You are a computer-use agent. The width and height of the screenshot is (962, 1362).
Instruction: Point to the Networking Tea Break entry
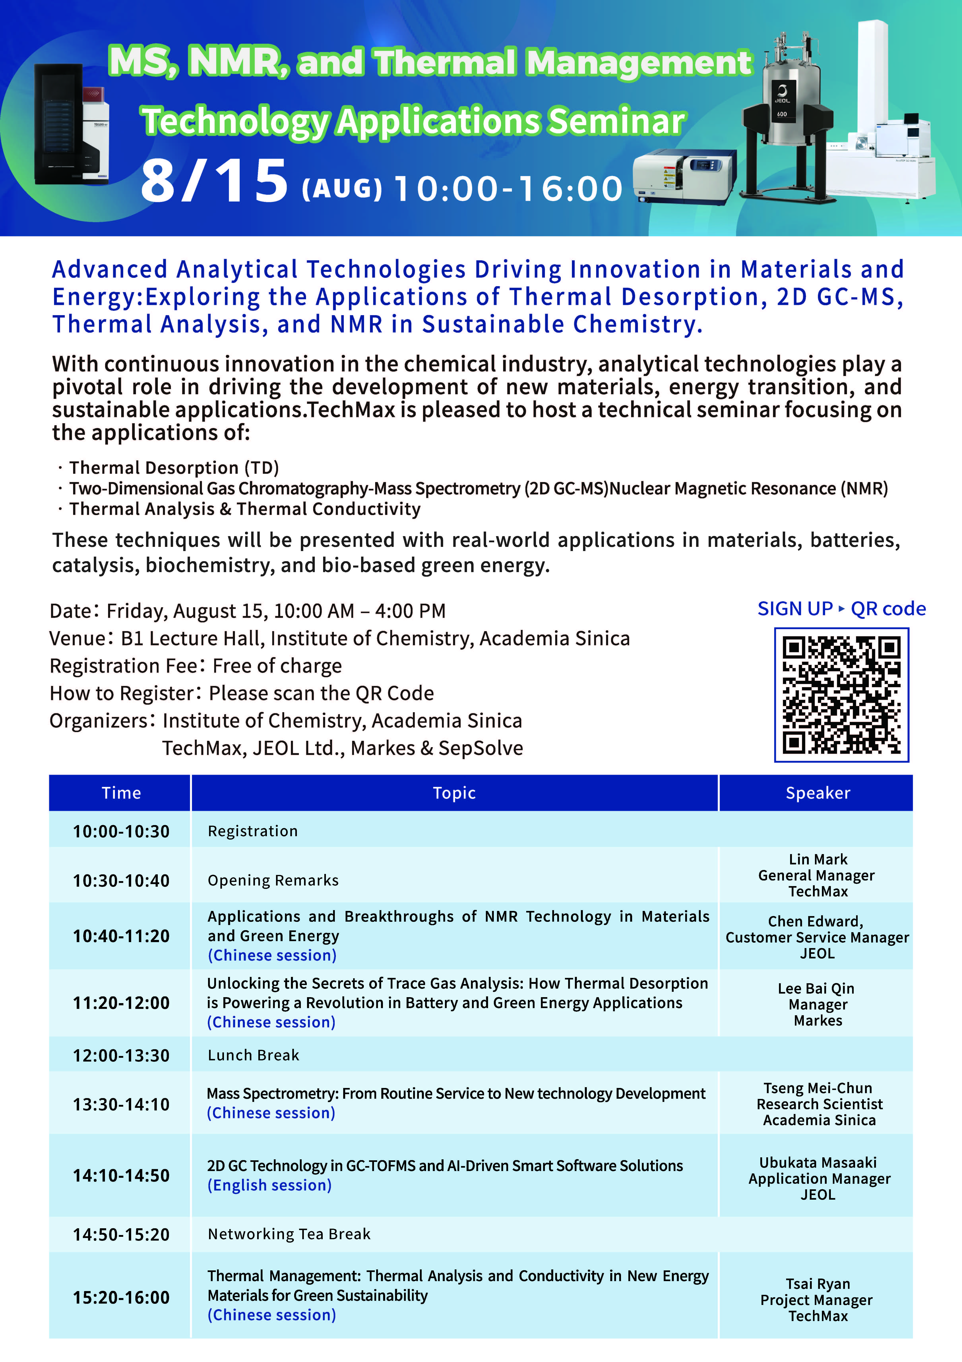289,1234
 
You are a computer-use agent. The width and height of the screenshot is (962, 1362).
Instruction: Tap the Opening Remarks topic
273,880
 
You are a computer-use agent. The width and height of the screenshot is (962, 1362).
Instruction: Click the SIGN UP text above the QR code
795,609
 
